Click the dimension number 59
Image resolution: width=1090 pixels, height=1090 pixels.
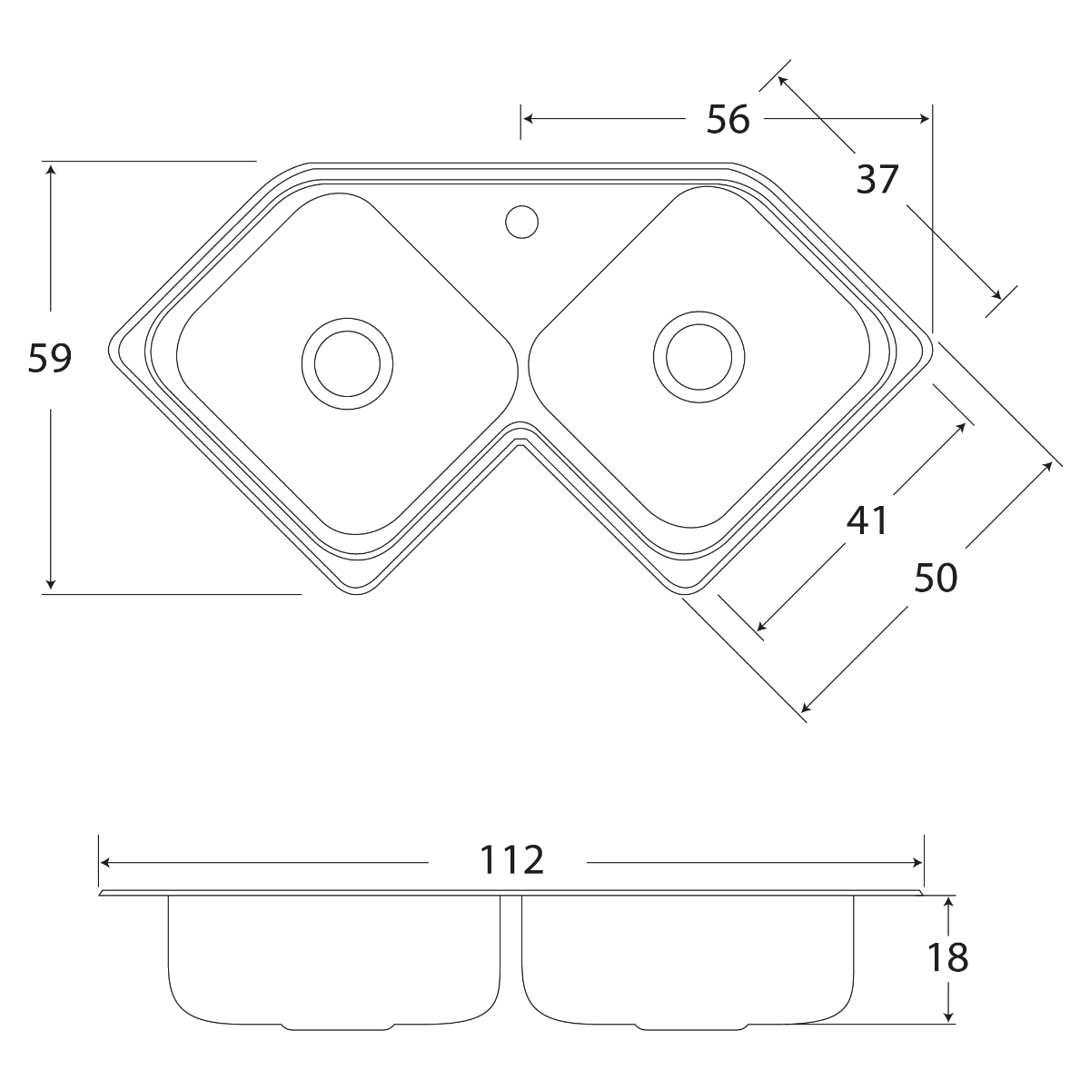click(x=50, y=358)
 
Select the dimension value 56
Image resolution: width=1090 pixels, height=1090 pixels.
click(x=728, y=119)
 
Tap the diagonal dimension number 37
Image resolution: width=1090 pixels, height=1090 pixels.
click(x=877, y=179)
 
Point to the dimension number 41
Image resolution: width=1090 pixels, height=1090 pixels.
click(x=867, y=520)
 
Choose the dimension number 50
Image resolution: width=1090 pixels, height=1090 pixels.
click(x=936, y=578)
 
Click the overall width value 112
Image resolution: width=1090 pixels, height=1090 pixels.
click(x=511, y=860)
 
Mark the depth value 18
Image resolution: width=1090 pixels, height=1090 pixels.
click(x=947, y=957)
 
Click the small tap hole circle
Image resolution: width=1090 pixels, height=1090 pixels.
click(x=521, y=222)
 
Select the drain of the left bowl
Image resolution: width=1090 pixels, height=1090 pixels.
click(x=347, y=363)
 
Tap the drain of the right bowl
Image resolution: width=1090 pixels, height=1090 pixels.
click(x=699, y=357)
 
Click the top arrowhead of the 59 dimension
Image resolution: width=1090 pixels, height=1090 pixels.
click(x=51, y=170)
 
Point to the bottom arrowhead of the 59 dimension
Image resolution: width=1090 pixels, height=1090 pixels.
click(x=51, y=583)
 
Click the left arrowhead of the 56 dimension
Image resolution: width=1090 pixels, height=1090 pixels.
click(x=530, y=119)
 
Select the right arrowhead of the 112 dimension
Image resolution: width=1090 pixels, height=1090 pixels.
click(x=917, y=863)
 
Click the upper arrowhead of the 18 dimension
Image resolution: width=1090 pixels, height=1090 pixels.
click(x=949, y=903)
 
